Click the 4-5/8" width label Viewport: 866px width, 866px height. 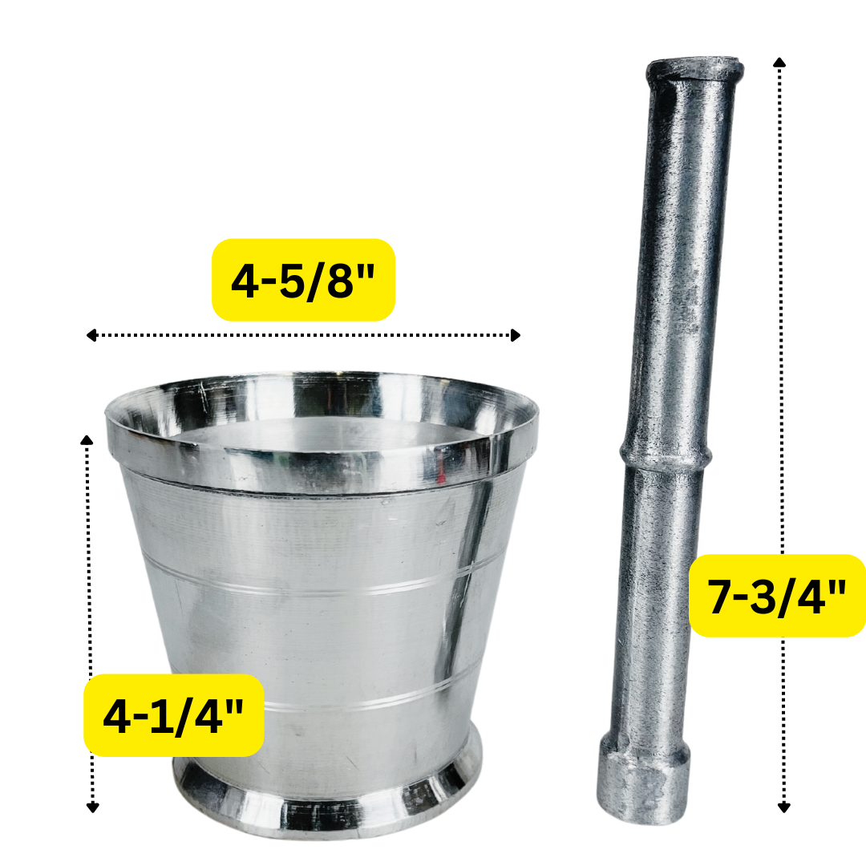point(303,280)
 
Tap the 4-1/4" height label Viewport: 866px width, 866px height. point(174,715)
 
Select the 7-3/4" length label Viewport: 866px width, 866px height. point(777,596)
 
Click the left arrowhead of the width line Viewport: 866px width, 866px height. point(91,335)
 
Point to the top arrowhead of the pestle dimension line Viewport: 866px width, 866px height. point(779,62)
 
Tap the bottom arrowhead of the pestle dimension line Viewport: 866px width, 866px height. point(783,807)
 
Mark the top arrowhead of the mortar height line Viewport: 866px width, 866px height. point(87,438)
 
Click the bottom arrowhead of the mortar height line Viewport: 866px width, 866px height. point(92,807)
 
